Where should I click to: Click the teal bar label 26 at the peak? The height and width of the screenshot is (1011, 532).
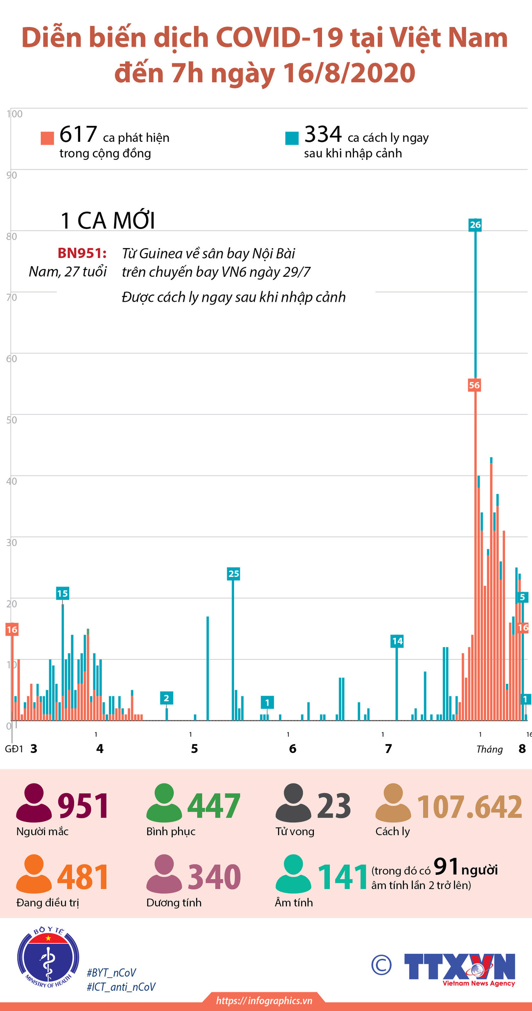475,225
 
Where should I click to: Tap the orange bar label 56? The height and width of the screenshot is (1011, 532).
474,385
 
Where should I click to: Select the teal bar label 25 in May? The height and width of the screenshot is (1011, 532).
233,574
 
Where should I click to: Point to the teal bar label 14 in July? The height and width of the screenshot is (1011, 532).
397,641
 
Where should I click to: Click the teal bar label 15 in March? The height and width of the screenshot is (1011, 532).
62,593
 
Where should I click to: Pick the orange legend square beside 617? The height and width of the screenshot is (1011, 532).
47,138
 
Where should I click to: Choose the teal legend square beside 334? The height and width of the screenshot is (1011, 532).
292,138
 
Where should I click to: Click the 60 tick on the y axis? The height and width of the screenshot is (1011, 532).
11,359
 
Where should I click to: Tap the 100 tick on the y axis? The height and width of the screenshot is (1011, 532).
15,114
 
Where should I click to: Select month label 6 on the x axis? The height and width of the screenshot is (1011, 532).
293,749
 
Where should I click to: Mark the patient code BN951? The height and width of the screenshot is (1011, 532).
82,253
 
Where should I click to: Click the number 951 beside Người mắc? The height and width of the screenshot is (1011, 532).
83,805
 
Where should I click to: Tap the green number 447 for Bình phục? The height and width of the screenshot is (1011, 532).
214,805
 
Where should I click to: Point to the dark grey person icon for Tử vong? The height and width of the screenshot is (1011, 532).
293,802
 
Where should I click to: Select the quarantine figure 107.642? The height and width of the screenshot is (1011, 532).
469,807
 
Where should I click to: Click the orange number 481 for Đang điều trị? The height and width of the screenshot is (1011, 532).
83,876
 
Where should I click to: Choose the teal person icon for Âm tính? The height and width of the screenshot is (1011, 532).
293,873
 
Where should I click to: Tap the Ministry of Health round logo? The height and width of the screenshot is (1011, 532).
48,958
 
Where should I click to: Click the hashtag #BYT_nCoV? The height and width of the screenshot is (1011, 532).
111,973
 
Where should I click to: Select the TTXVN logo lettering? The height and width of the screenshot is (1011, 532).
459,966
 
